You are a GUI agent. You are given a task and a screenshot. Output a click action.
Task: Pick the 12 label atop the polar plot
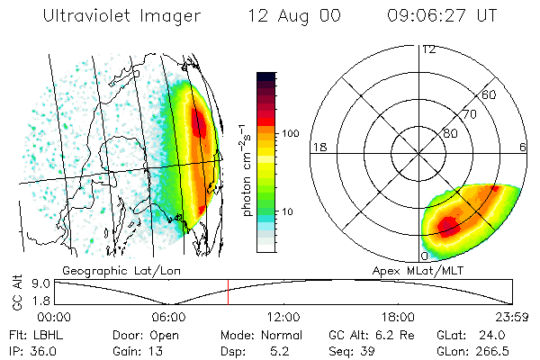pyautogui.click(x=428, y=49)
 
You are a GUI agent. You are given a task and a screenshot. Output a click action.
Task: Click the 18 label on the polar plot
pyautogui.click(x=318, y=147)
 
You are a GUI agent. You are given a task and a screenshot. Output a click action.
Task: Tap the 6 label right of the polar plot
pyautogui.click(x=523, y=147)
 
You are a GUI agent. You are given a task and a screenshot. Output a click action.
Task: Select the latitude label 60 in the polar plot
pyautogui.click(x=490, y=94)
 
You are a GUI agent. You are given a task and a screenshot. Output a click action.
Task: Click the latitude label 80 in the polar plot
pyautogui.click(x=450, y=134)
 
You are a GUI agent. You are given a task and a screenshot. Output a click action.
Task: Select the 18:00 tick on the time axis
pyautogui.click(x=399, y=317)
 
